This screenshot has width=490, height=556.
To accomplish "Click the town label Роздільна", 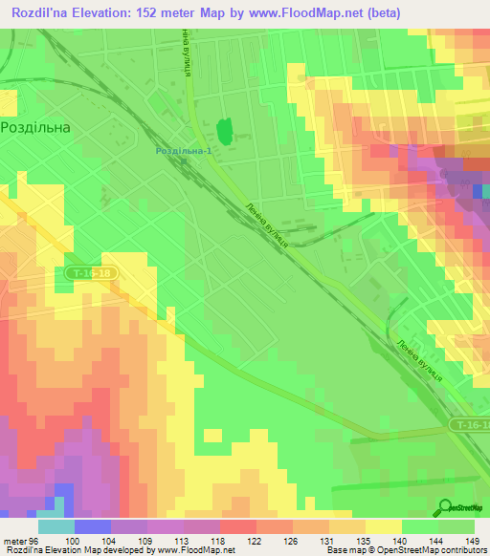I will point(37,126).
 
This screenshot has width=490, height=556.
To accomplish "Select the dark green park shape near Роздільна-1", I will point(225,132).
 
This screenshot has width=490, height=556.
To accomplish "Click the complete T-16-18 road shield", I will point(93,273).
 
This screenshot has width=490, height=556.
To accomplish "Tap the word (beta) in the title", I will point(381,12).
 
